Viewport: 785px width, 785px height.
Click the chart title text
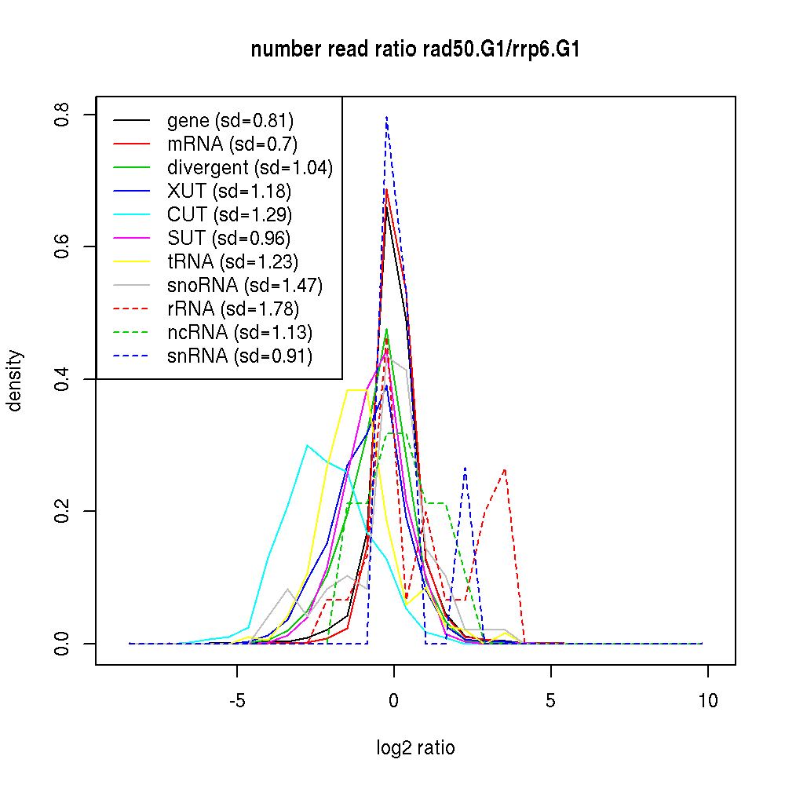pyautogui.click(x=415, y=50)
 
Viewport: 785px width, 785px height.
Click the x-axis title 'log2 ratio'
pyautogui.click(x=415, y=747)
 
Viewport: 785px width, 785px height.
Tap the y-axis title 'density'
pyautogui.click(x=15, y=380)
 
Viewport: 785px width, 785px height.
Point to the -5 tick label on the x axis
pyautogui.click(x=237, y=701)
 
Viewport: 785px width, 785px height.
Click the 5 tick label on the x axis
pyautogui.click(x=551, y=701)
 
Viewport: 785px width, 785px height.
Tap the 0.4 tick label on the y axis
pyautogui.click(x=64, y=379)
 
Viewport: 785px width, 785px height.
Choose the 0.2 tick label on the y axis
pyautogui.click(x=64, y=511)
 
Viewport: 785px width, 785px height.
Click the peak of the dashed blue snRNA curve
pyautogui.click(x=386, y=117)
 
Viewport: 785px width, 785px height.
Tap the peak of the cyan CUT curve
pyautogui.click(x=308, y=446)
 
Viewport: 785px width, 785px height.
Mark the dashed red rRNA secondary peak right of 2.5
pyautogui.click(x=505, y=469)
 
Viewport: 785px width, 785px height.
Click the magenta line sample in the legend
pyautogui.click(x=131, y=238)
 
